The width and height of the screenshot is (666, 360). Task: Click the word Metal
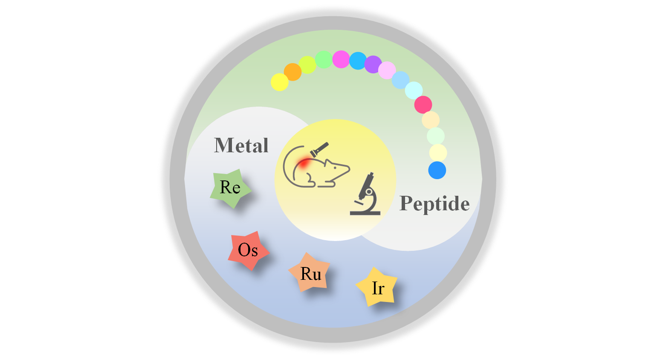pyautogui.click(x=241, y=145)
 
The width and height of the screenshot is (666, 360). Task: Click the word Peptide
pyautogui.click(x=434, y=203)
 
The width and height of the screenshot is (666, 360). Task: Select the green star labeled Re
pyautogui.click(x=230, y=188)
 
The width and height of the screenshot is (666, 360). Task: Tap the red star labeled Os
pyautogui.click(x=248, y=250)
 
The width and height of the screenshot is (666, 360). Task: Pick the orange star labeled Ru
pyautogui.click(x=310, y=273)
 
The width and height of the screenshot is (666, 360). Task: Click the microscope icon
pyautogui.click(x=365, y=194)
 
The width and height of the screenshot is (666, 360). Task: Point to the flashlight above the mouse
pyautogui.click(x=319, y=150)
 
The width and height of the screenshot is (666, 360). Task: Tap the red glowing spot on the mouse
pyautogui.click(x=304, y=163)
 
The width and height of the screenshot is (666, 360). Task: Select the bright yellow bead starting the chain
pyautogui.click(x=279, y=82)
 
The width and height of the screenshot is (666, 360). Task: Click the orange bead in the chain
pyautogui.click(x=293, y=72)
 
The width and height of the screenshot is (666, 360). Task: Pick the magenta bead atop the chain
pyautogui.click(x=341, y=59)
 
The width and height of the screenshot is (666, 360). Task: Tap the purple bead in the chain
pyautogui.click(x=373, y=64)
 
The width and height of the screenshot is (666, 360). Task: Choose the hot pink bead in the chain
pyautogui.click(x=423, y=105)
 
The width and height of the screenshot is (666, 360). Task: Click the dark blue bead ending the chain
pyautogui.click(x=437, y=170)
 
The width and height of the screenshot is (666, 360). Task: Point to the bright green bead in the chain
pyautogui.click(x=324, y=60)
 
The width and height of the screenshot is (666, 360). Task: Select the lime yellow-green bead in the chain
pyautogui.click(x=307, y=65)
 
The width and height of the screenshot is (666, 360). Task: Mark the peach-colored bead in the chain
pyautogui.click(x=431, y=120)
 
